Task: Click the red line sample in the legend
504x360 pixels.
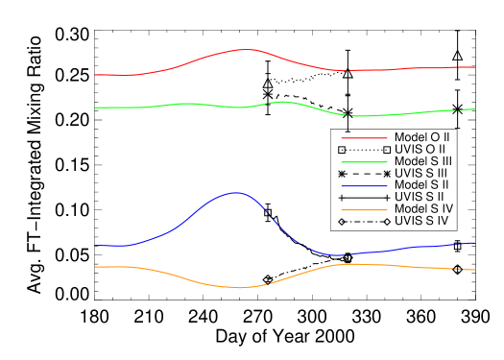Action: (364, 138)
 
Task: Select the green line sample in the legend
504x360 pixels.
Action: (364, 162)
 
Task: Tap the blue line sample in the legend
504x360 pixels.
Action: (364, 186)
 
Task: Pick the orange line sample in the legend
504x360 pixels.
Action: (364, 209)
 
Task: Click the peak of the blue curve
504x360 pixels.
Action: (235, 193)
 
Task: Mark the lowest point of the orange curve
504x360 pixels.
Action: (239, 287)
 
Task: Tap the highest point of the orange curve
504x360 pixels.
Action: (352, 263)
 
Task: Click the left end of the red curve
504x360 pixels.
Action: (95, 75)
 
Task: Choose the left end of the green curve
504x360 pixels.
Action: (95, 108)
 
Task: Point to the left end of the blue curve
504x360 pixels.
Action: (95, 246)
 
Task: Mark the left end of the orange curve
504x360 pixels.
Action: (95, 267)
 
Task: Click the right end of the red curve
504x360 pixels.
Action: (475, 67)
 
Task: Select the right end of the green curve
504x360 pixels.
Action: (475, 109)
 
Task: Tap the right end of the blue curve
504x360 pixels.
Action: (475, 242)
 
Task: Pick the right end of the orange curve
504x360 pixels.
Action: (475, 270)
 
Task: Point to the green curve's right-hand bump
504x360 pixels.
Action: (282, 101)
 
